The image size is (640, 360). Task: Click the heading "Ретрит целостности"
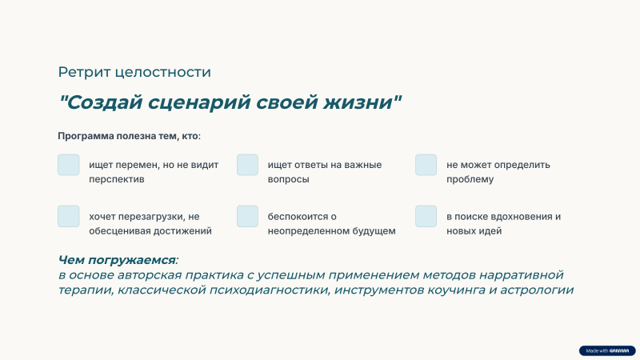tap(134, 72)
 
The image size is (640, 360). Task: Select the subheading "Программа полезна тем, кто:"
tap(130, 136)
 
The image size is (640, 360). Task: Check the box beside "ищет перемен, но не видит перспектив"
tap(69, 165)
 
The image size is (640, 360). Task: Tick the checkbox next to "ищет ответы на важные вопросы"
tap(247, 165)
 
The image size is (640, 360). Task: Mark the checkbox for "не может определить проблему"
tap(426, 165)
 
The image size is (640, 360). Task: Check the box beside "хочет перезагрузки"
tap(69, 216)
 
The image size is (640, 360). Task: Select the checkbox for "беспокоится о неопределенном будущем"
tap(247, 216)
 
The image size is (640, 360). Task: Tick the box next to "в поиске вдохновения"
tap(426, 216)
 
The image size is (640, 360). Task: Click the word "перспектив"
tap(117, 179)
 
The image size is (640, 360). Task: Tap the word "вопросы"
tap(289, 179)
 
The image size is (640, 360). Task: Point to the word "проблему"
tap(470, 179)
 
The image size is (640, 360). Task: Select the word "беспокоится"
tap(297, 216)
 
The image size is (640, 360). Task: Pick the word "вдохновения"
tap(517, 216)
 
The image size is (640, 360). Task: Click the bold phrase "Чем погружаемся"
tap(117, 260)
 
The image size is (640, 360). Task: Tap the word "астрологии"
tap(537, 290)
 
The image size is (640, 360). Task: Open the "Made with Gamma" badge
tap(607, 350)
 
